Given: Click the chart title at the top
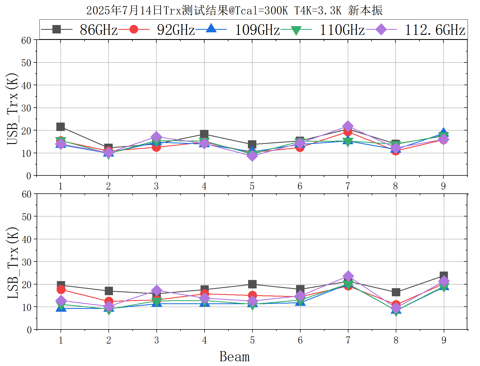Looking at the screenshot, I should click(234, 11).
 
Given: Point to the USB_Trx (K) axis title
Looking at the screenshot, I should click(13, 109).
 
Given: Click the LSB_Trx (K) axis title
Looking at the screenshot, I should click(13, 263).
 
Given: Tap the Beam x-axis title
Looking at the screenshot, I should click(234, 356).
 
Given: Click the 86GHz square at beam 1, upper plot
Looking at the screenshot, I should click(61, 127).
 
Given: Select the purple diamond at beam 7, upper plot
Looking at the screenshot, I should click(348, 126).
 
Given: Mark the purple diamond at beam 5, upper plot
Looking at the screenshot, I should click(252, 156).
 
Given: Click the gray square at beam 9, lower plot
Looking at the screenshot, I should click(444, 276).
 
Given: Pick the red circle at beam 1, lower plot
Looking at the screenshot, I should click(61, 290).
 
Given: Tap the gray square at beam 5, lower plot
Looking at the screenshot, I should click(252, 284).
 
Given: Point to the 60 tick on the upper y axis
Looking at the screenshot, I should click(26, 40).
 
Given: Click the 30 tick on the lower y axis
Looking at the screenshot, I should click(26, 262).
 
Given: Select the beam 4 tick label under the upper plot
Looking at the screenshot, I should click(204, 186).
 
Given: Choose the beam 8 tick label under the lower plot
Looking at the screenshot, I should click(396, 340).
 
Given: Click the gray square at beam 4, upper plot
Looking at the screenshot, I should click(204, 134).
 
